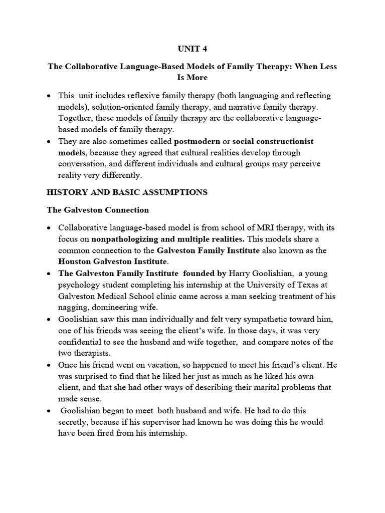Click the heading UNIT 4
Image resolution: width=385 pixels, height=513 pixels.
(x=192, y=49)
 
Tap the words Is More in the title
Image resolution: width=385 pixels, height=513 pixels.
(x=192, y=78)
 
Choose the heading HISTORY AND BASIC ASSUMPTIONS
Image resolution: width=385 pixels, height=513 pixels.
(x=127, y=192)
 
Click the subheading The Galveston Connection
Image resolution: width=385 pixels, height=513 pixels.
(x=97, y=209)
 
